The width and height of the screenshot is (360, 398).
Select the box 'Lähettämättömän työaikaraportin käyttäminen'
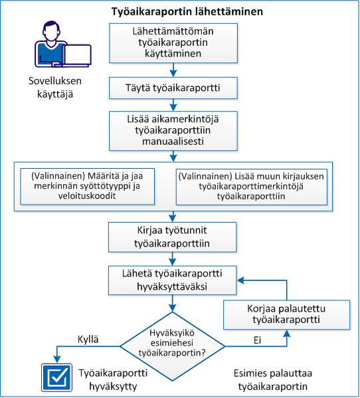click(173, 42)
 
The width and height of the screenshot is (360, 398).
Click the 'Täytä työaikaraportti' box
click(173, 87)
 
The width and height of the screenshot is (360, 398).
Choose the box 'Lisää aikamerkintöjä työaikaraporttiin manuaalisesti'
click(173, 130)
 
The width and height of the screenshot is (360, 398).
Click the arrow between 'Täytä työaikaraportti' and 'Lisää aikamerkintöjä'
click(173, 104)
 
